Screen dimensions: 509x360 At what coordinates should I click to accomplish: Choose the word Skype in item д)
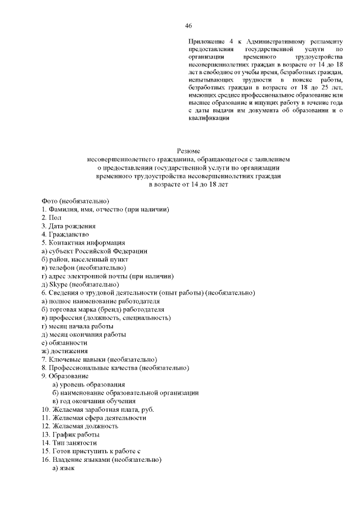tap(59, 284)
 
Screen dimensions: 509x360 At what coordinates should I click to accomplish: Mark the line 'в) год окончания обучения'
tap(94, 401)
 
